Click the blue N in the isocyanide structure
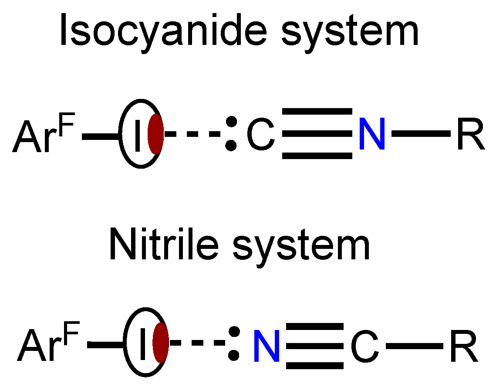click(x=372, y=133)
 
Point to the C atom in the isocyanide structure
click(x=261, y=134)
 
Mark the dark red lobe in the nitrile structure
click(x=161, y=343)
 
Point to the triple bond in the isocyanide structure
click(x=317, y=133)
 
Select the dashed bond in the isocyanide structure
click(x=193, y=134)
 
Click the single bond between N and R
click(x=421, y=133)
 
